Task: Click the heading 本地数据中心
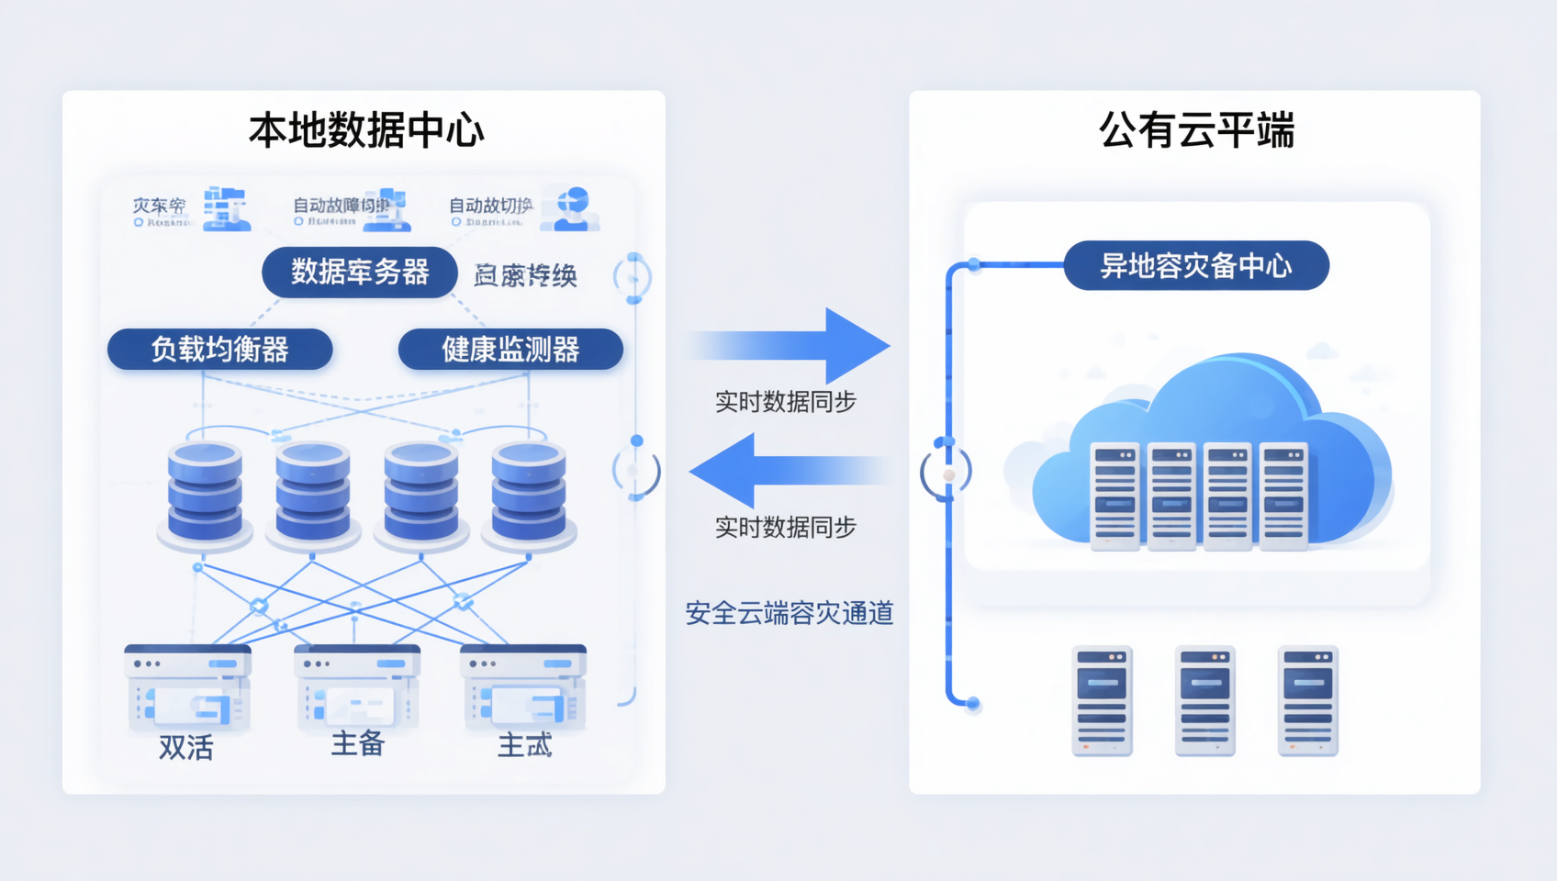tap(365, 130)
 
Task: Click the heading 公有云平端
tap(1195, 130)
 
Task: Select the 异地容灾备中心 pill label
tap(1195, 266)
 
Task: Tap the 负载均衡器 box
tap(219, 350)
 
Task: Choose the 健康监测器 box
tap(510, 350)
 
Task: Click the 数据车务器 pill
tap(360, 272)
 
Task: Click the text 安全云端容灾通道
tap(789, 613)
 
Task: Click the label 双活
tap(185, 748)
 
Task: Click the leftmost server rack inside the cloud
tap(1115, 496)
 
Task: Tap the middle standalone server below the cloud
tap(1204, 701)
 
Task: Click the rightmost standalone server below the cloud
tap(1307, 701)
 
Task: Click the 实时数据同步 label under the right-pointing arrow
tap(785, 402)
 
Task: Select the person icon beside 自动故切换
tap(571, 209)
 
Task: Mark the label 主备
tap(357, 743)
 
